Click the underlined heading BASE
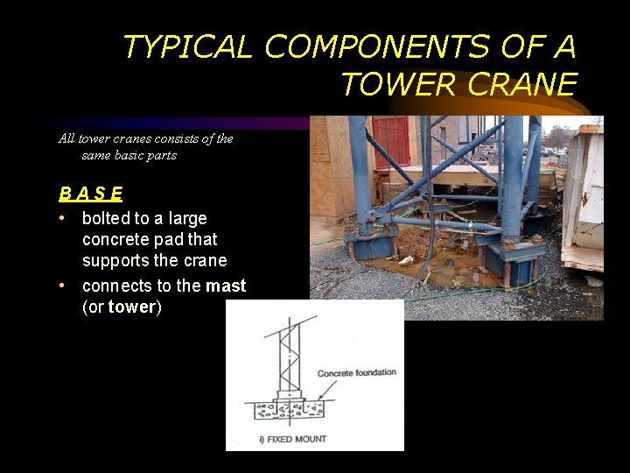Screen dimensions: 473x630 (x=91, y=194)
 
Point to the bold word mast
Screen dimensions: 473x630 (x=226, y=286)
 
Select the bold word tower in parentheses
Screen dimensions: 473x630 (x=131, y=307)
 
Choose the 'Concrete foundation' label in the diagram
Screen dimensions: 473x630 (x=356, y=372)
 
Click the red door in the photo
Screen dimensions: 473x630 (x=389, y=140)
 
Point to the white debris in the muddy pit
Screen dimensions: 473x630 (x=406, y=260)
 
